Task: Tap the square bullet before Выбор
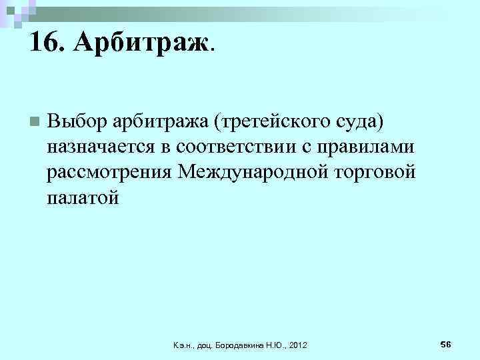click(x=34, y=121)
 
